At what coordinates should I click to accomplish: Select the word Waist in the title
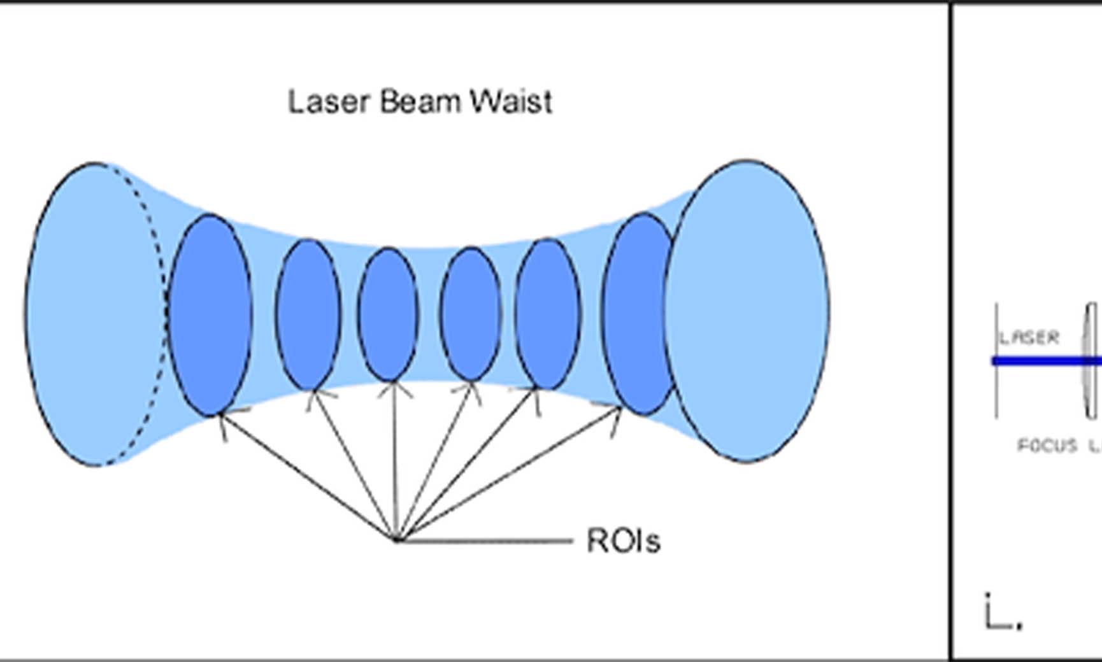tap(511, 102)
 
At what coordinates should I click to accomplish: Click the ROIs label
tap(623, 541)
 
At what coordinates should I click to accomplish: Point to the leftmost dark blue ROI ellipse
tap(210, 315)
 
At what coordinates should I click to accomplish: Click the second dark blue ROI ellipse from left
tap(308, 314)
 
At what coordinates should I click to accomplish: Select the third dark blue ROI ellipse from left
tap(388, 314)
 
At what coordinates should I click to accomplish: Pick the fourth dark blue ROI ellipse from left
tap(471, 314)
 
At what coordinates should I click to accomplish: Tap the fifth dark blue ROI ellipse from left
tap(548, 314)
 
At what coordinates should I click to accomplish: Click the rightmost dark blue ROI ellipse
tap(637, 314)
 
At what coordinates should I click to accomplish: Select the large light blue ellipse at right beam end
tap(747, 311)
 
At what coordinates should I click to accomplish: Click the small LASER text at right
tap(1029, 337)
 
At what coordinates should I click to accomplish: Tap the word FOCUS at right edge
tap(1047, 446)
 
